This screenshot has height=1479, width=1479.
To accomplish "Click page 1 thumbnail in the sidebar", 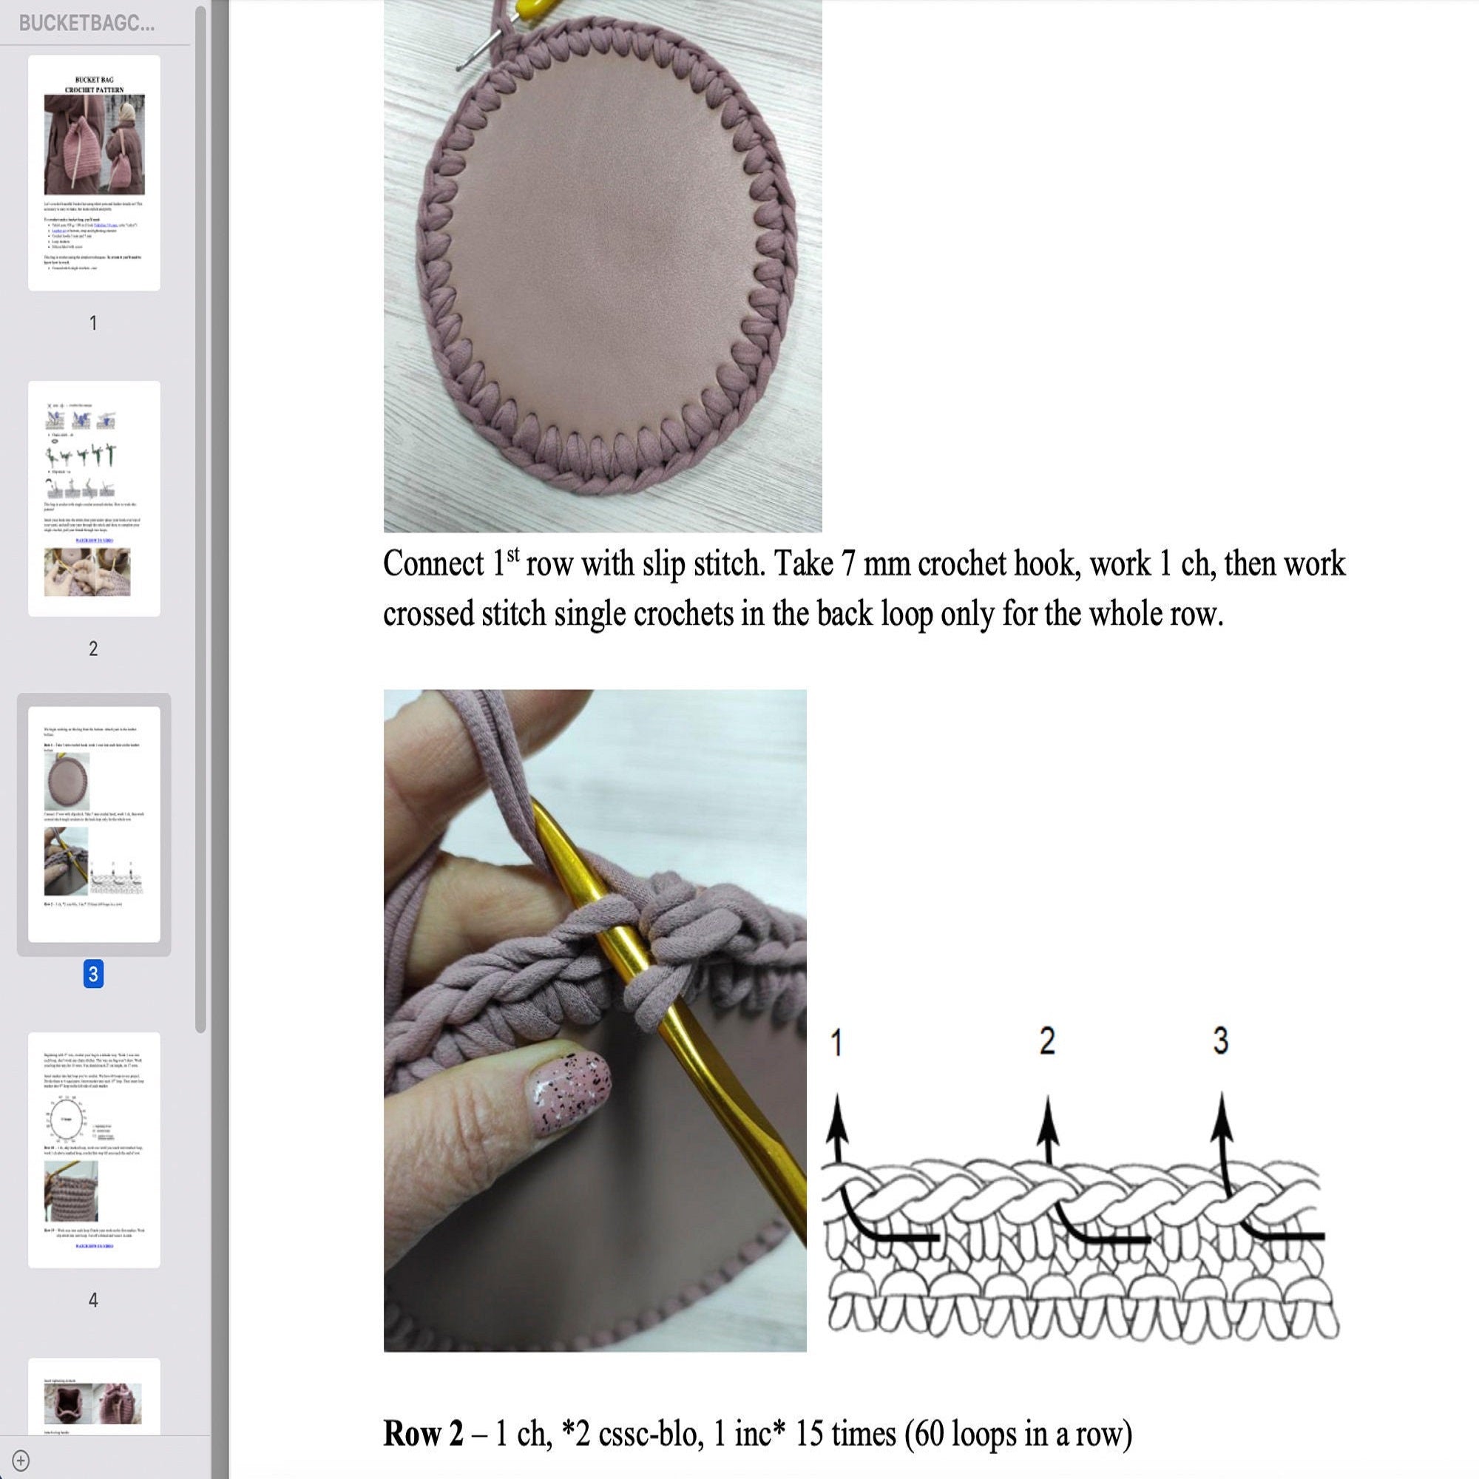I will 94,172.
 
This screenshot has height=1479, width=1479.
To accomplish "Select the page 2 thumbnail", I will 94,498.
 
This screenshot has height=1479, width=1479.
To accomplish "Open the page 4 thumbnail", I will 94,1149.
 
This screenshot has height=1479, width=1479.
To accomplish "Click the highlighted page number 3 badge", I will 93,975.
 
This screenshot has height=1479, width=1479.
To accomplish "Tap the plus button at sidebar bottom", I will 21,1460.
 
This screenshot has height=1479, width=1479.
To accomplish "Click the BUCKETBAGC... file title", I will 87,23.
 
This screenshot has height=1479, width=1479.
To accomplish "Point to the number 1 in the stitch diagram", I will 836,1043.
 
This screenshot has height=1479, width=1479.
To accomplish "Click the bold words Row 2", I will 422,1433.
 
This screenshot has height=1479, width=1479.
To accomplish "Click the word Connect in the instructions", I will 433,564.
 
